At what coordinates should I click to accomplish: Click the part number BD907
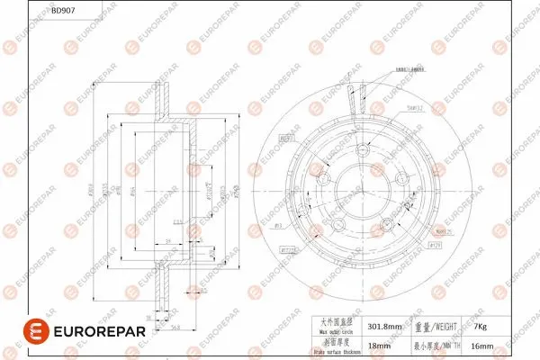(63, 12)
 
